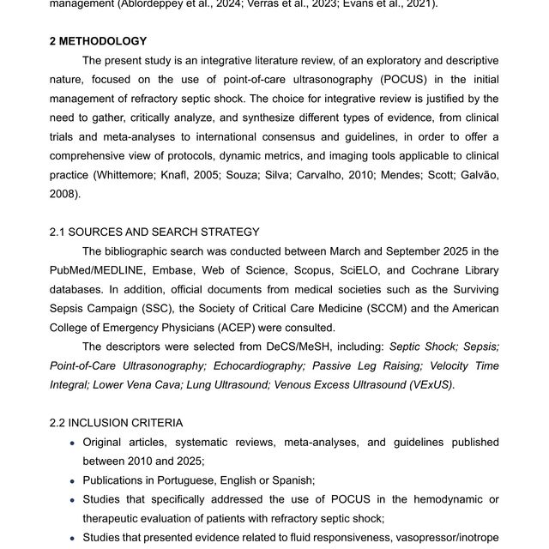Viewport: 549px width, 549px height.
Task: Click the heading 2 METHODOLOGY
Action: pyautogui.click(x=98, y=41)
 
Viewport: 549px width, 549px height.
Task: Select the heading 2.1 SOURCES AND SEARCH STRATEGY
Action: pyautogui.click(x=154, y=232)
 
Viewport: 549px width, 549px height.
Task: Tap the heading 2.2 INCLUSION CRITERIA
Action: pyautogui.click(x=116, y=423)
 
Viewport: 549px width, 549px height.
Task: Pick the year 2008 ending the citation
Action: pyautogui.click(x=63, y=194)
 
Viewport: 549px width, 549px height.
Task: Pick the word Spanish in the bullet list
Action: pyautogui.click(x=293, y=480)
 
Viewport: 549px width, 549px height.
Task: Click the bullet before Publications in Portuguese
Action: pyautogui.click(x=71, y=481)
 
